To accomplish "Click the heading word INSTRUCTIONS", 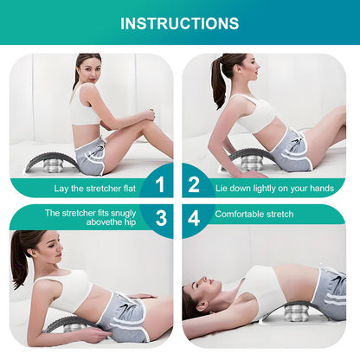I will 179,22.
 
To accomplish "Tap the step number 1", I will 158,184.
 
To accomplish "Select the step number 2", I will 194,184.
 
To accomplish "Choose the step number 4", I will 194,217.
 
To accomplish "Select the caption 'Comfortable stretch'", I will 254,213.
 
